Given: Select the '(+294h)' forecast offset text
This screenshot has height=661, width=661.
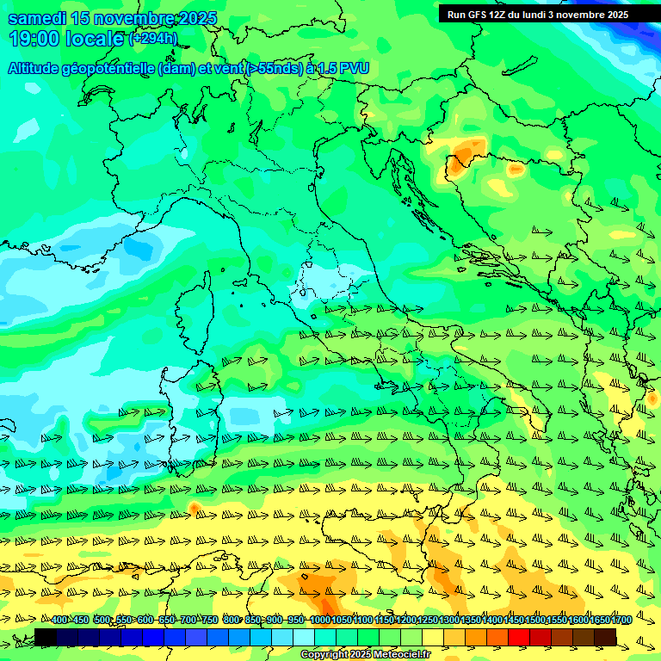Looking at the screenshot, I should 152,39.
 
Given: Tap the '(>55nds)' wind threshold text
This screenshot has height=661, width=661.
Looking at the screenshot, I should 274,68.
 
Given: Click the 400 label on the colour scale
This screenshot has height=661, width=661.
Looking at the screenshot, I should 59,620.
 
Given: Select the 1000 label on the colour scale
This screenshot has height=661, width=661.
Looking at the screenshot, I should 319,620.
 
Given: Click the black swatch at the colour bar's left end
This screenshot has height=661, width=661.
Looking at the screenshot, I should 45,637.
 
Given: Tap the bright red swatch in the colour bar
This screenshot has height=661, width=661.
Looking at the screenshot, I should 518,637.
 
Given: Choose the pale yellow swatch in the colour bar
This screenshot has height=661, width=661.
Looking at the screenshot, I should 432,637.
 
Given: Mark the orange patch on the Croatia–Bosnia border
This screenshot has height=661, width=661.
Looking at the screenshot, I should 465,153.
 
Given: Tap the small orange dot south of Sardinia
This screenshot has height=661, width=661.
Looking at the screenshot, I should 195,510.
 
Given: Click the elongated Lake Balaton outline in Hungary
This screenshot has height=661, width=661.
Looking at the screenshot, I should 521,66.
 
